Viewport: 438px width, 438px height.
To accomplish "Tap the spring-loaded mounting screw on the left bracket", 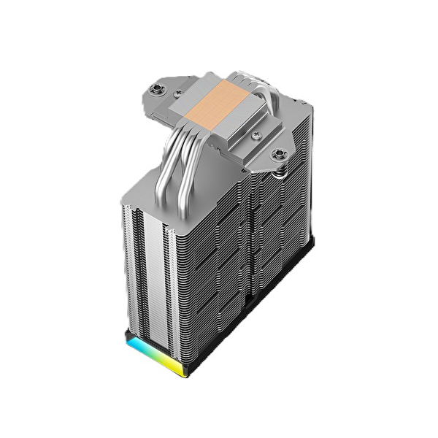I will (x=155, y=90).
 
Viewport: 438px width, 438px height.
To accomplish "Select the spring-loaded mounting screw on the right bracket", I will (x=278, y=154).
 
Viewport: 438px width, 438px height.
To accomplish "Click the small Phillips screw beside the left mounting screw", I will (x=177, y=93).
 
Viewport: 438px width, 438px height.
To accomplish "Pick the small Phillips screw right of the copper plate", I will (x=255, y=136).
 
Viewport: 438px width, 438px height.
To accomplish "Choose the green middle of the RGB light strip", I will (x=157, y=357).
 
